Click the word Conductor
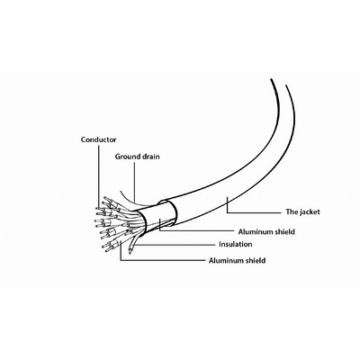coord(98,139)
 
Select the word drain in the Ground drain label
coord(151,157)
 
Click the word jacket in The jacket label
coord(310,212)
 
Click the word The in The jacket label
coord(292,211)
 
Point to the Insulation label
coord(236,244)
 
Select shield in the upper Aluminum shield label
coord(284,231)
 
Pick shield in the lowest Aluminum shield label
coord(255,260)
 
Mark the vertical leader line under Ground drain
coord(135,181)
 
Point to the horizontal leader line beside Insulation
coord(175,245)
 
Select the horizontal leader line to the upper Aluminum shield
coord(196,231)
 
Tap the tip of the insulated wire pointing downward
coord(130,252)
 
